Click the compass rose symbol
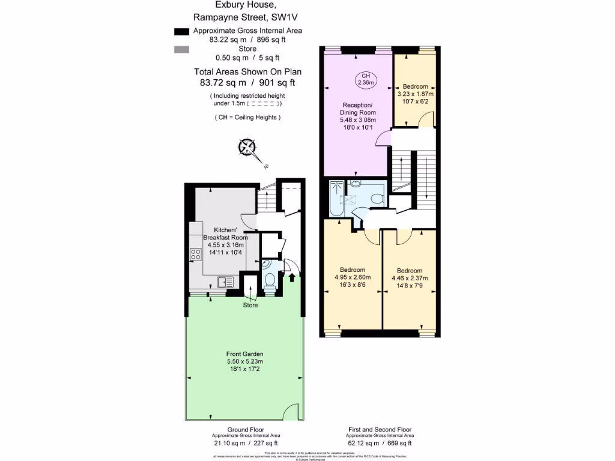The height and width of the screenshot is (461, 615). point(247,147)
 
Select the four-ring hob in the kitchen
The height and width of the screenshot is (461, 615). point(196,254)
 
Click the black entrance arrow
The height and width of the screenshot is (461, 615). point(292,277)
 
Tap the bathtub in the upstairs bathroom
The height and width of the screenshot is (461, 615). point(335,199)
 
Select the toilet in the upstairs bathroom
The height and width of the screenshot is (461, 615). point(377,198)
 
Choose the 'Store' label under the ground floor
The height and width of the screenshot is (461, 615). point(250,306)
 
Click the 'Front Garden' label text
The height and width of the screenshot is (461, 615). point(245,354)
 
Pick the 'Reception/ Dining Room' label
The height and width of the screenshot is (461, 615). point(358,109)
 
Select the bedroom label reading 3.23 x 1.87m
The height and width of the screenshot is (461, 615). point(416,94)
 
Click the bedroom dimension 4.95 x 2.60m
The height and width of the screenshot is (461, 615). point(353,277)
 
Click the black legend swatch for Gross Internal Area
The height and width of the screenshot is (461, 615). point(180,31)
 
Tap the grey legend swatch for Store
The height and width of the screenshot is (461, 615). point(180,50)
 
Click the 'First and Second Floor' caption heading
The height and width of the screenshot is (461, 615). point(380,430)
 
